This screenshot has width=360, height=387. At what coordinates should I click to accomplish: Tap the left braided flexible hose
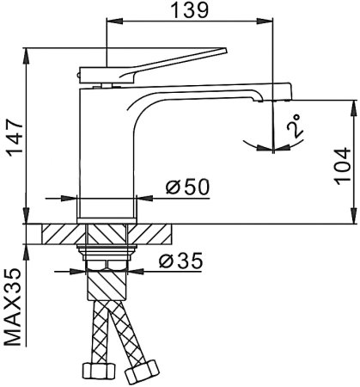coord(98,331)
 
